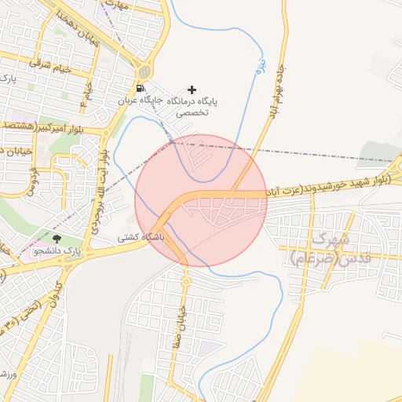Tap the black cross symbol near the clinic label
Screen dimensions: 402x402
point(192,90)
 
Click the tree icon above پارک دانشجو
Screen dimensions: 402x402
point(56,238)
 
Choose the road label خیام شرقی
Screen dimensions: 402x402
point(52,68)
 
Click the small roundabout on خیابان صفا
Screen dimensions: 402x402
point(186,280)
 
